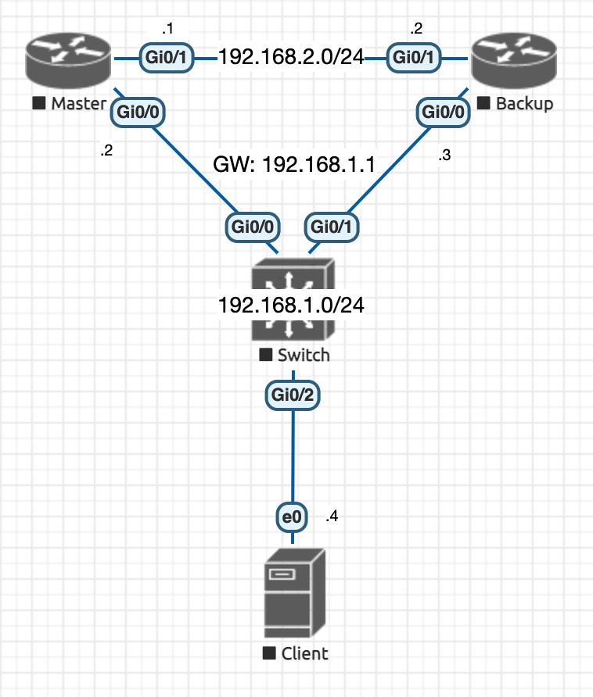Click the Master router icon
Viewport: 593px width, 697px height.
pos(68,60)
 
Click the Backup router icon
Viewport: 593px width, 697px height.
pos(514,60)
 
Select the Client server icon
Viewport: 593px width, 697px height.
pos(294,593)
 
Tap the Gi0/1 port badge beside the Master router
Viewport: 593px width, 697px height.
pos(167,58)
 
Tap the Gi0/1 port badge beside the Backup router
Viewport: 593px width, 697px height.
pos(414,58)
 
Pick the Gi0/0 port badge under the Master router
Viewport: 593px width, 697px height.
pos(138,112)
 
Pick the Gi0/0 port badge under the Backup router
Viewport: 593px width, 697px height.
pos(443,112)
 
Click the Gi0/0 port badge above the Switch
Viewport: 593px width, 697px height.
pos(253,227)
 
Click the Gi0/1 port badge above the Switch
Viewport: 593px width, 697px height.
pos(332,227)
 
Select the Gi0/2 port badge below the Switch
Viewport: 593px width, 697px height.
pos(293,395)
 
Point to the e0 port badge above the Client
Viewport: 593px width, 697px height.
pos(292,517)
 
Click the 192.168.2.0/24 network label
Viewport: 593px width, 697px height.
pos(291,57)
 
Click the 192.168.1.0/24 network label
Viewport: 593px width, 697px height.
pos(291,306)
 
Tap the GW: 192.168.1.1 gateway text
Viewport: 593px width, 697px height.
pos(294,164)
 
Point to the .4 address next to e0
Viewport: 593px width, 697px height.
pos(332,516)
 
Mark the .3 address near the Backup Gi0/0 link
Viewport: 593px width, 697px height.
pos(444,155)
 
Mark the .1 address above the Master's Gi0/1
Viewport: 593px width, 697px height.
pos(168,29)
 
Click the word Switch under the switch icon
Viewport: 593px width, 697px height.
pos(304,356)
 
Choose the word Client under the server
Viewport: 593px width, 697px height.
pos(305,653)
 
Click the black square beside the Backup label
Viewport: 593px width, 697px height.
pos(483,103)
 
